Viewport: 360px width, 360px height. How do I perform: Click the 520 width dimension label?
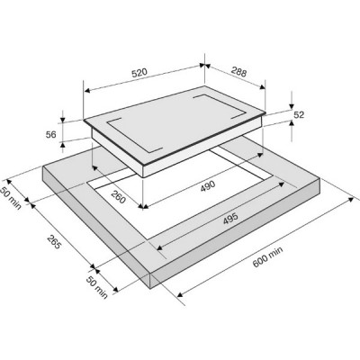pyautogui.click(x=139, y=73)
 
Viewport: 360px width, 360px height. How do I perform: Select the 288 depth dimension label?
pyautogui.click(x=238, y=71)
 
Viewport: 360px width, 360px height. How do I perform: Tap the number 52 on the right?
pyautogui.click(x=299, y=114)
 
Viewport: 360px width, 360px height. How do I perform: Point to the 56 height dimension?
pyautogui.click(x=51, y=135)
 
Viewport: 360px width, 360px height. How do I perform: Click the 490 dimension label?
pyautogui.click(x=208, y=185)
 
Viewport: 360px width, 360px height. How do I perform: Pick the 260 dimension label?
pyautogui.click(x=118, y=196)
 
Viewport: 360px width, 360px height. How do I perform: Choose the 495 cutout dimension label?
pyautogui.click(x=230, y=219)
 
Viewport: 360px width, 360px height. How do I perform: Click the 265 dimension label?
pyautogui.click(x=54, y=242)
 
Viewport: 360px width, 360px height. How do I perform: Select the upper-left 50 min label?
pyautogui.click(x=11, y=198)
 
